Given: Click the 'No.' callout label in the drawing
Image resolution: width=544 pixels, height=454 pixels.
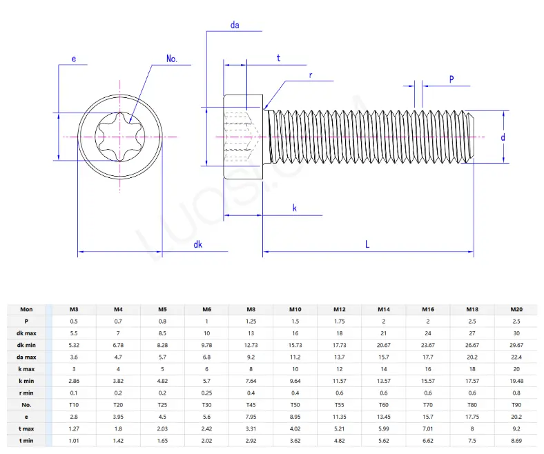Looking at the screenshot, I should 172,59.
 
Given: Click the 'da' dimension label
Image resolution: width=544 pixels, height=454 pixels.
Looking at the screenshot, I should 235,26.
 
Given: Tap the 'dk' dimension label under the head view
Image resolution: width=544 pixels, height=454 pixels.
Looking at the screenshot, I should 198,244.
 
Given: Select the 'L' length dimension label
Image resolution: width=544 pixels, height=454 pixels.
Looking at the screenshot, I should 367,244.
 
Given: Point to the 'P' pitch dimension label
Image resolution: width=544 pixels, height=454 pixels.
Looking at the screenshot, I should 451,79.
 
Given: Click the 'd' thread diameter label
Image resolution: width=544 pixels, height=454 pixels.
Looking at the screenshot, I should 503,137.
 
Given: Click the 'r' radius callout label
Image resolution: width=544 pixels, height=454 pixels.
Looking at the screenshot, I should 311,74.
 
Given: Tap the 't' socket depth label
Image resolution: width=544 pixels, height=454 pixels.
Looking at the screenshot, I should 278,59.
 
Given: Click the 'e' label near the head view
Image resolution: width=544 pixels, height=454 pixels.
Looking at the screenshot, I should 73,59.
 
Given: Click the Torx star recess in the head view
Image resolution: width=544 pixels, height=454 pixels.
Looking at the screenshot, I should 120,137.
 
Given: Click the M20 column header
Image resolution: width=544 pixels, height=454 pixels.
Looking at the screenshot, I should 516,310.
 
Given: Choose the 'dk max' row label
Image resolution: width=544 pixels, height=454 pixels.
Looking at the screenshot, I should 26,333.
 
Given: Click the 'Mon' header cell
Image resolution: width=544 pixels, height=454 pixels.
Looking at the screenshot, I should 26,310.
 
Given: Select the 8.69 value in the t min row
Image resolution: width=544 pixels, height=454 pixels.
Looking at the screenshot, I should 516,440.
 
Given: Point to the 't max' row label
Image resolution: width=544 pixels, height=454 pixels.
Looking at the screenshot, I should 26,428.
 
